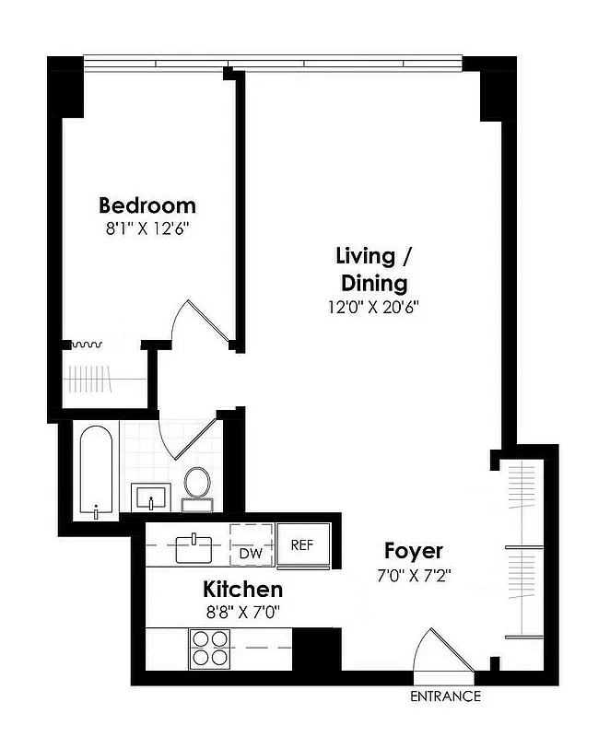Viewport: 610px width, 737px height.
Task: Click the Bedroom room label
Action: tap(147, 205)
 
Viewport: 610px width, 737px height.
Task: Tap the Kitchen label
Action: tap(243, 589)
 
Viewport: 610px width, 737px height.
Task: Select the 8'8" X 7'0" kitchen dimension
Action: tap(243, 611)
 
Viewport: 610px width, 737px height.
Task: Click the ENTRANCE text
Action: tap(445, 696)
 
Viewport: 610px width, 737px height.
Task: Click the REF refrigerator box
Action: tap(302, 544)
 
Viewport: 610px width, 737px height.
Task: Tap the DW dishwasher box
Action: tap(251, 553)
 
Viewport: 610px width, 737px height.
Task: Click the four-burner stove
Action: tap(210, 648)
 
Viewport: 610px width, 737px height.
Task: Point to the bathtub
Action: tap(97, 473)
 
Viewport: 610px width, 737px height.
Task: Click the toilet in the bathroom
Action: tap(196, 485)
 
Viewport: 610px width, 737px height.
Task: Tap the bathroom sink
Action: tap(151, 497)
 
